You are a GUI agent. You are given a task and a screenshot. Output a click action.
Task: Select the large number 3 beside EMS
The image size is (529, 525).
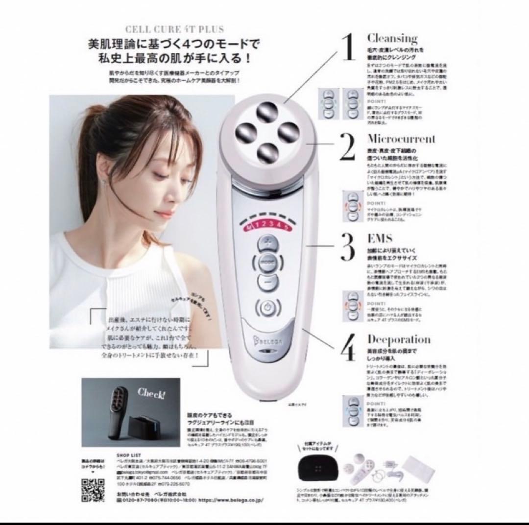pyautogui.click(x=347, y=246)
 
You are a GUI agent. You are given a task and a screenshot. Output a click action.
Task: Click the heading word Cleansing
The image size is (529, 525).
pyautogui.click(x=392, y=38)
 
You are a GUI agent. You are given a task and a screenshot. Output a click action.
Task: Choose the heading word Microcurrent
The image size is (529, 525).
pyautogui.click(x=401, y=139)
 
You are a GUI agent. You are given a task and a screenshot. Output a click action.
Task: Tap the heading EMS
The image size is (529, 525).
pyautogui.click(x=380, y=238)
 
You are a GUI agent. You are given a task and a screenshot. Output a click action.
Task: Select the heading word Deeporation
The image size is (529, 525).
pyautogui.click(x=399, y=339)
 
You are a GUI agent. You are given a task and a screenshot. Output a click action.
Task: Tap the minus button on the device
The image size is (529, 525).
pyautogui.click(x=267, y=283)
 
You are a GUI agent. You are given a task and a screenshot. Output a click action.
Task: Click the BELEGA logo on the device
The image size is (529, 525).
pyautogui.click(x=264, y=339)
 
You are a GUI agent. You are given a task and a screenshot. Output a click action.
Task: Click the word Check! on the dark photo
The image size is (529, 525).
pyautogui.click(x=151, y=393)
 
